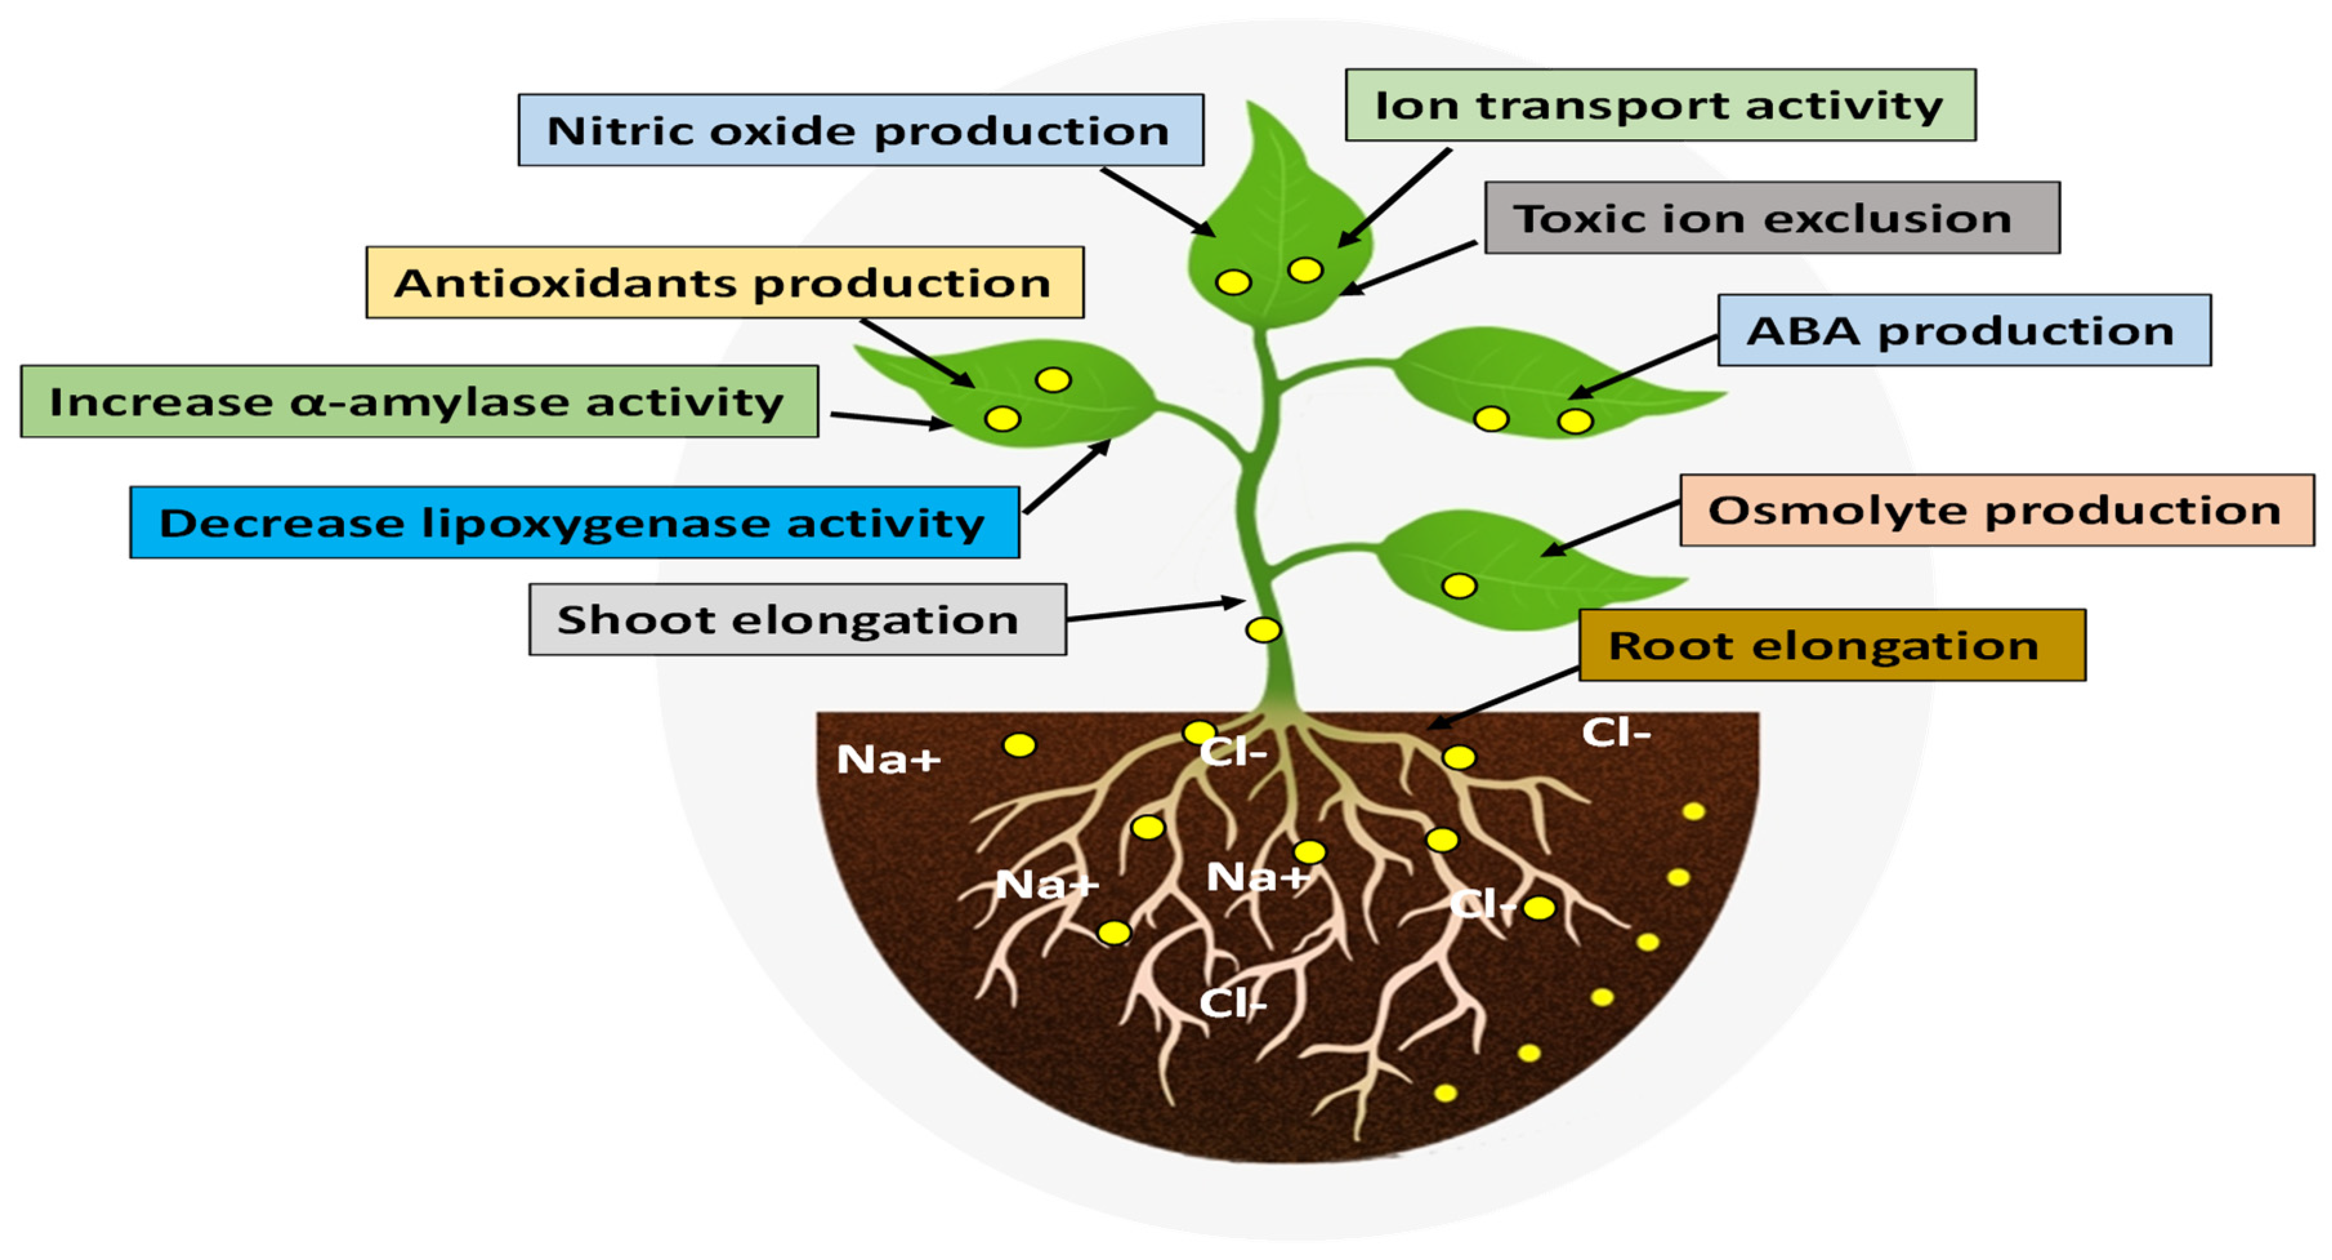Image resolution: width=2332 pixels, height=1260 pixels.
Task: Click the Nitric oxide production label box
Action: pyautogui.click(x=860, y=130)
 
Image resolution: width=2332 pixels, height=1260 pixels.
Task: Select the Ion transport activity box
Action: pyautogui.click(x=1659, y=105)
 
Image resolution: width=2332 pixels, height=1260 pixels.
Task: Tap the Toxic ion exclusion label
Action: pyautogui.click(x=1772, y=218)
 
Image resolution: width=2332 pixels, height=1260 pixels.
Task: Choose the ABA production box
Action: pyautogui.click(x=1964, y=330)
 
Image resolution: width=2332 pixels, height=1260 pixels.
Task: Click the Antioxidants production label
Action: pyautogui.click(x=724, y=282)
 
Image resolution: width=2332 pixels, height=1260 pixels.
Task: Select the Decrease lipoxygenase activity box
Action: pyautogui.click(x=574, y=523)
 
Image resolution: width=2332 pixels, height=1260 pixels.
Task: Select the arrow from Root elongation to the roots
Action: pyautogui.click(x=1503, y=698)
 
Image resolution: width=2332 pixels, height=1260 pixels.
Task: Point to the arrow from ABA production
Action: pyautogui.click(x=1643, y=367)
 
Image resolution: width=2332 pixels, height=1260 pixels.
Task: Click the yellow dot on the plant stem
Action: pyautogui.click(x=1263, y=630)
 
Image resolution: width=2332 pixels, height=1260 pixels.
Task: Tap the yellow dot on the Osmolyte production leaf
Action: pyautogui.click(x=1458, y=586)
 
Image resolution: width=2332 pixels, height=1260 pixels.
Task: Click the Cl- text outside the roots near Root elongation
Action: pyautogui.click(x=1616, y=732)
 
